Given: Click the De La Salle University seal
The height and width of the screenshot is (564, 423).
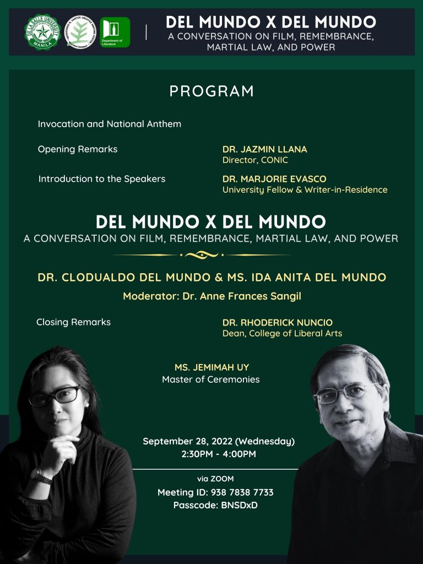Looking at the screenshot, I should (42, 32).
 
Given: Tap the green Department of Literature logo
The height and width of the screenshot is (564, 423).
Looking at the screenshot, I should (115, 32).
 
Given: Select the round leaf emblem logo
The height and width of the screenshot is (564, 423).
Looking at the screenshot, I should (80, 32).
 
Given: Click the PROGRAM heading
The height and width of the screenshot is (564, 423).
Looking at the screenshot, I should (211, 91).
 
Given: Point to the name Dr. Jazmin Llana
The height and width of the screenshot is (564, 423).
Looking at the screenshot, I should (264, 149).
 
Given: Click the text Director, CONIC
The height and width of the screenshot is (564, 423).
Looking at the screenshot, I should (255, 160).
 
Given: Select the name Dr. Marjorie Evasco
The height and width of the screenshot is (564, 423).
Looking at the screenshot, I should (274, 179).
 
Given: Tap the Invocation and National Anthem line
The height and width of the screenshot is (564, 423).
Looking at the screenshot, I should (109, 124).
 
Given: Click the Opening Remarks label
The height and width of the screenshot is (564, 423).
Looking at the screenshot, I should (77, 149).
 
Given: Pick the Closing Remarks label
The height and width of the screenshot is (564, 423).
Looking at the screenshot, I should (73, 322).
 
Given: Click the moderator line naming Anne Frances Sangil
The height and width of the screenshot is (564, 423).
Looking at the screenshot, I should (211, 296).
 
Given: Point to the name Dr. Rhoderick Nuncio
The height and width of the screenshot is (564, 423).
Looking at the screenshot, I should (277, 323).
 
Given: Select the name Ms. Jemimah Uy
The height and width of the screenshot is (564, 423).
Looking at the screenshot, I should (211, 367).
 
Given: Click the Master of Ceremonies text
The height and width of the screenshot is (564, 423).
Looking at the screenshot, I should (210, 379).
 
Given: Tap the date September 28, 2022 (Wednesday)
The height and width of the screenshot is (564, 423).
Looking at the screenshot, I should (219, 442).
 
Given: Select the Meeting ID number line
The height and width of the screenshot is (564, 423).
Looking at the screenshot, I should (215, 492).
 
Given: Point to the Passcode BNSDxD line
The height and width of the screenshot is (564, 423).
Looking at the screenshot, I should (215, 505).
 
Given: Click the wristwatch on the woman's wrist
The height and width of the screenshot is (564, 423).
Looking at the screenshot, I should (42, 475).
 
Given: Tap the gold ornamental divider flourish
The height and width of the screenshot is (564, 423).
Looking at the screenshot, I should (202, 255).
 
